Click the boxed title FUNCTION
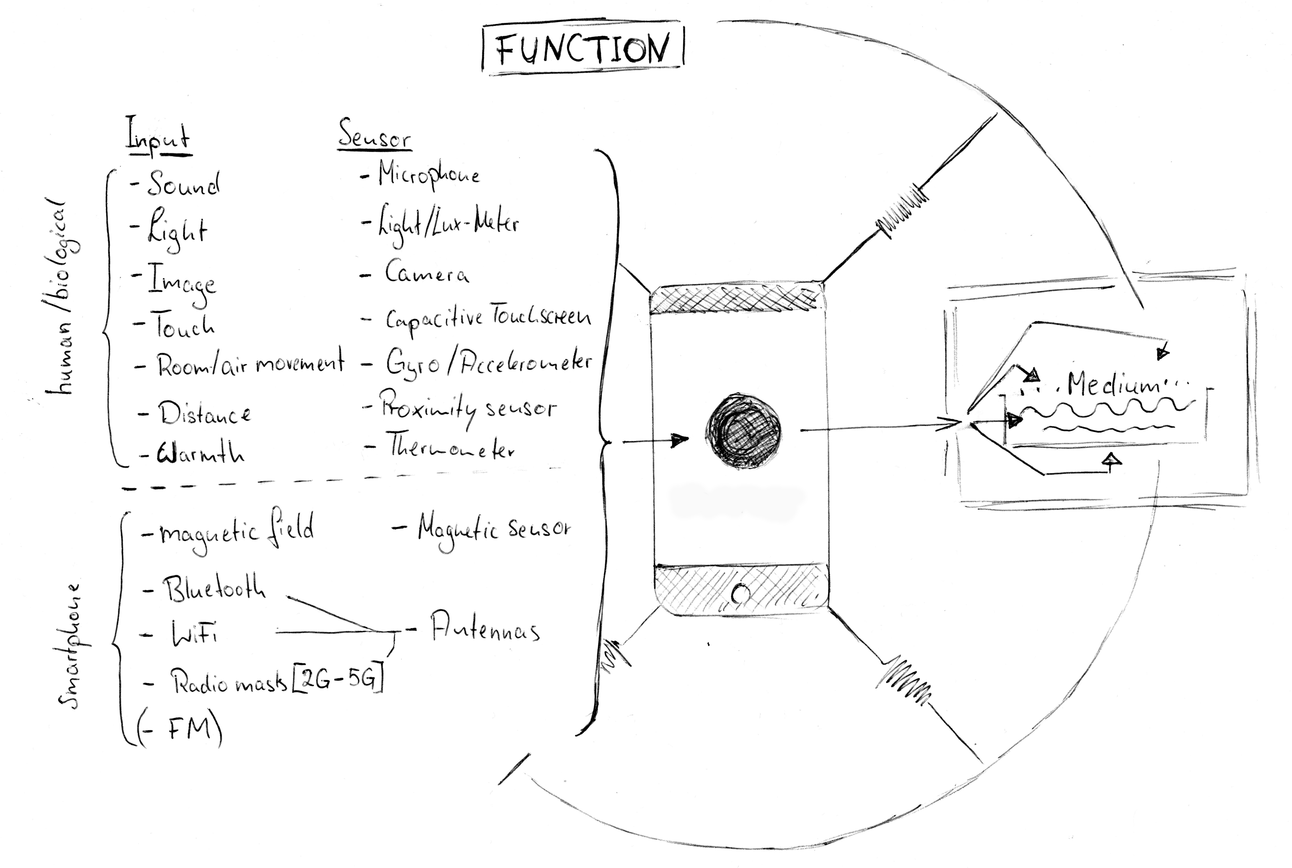pos(582,50)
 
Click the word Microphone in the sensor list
pos(428,175)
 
